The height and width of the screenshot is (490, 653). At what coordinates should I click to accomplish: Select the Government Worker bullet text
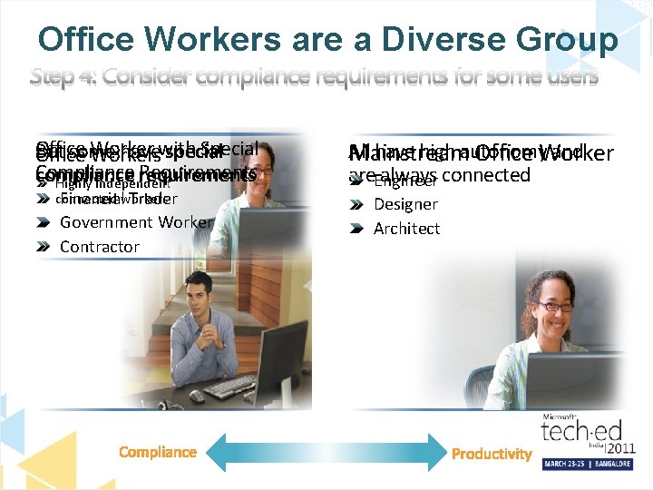pos(136,222)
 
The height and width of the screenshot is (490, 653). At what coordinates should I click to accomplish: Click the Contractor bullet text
pos(99,247)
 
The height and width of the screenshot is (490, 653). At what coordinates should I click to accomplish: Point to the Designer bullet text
pos(405,205)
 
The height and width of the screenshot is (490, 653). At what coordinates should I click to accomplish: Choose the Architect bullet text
pos(406,229)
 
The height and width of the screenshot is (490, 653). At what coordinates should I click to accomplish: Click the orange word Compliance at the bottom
pos(158,452)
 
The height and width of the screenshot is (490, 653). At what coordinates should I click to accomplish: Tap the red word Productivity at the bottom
pos(492,454)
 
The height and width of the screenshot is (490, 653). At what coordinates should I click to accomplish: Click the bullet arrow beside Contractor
pos(43,247)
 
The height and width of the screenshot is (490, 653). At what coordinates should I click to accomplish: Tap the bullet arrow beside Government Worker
pos(43,222)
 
